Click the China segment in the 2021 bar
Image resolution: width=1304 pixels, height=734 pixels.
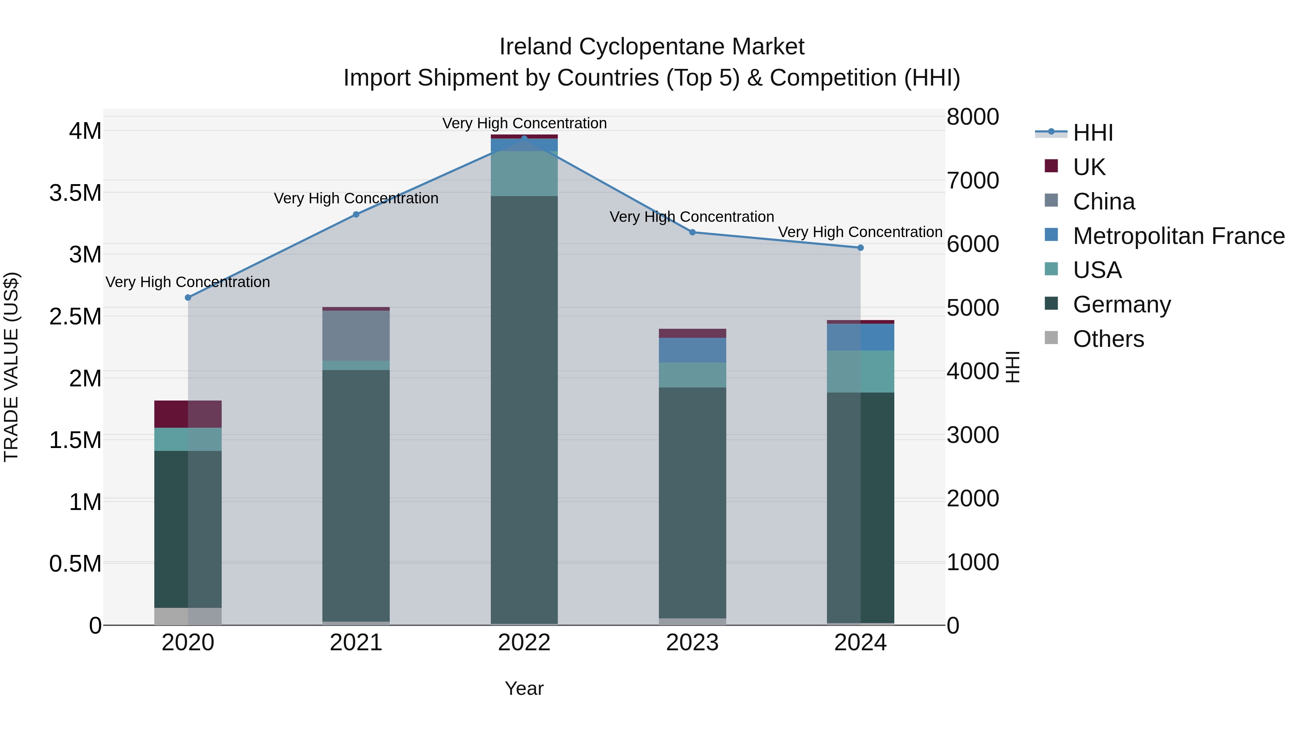tap(356, 335)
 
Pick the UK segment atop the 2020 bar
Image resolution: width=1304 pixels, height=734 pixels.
tap(188, 414)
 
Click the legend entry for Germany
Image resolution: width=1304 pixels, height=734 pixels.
tap(1121, 304)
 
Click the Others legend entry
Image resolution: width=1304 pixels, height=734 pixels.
tap(1108, 339)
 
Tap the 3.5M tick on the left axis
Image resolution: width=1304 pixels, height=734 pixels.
tap(75, 193)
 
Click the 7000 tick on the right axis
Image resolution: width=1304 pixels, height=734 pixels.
tap(973, 181)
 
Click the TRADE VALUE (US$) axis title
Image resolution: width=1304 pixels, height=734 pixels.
tap(11, 367)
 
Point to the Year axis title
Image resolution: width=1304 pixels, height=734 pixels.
tap(524, 688)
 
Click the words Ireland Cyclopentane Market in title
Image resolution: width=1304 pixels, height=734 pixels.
tap(652, 47)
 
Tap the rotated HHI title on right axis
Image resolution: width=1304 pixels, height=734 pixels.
tap(1012, 367)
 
